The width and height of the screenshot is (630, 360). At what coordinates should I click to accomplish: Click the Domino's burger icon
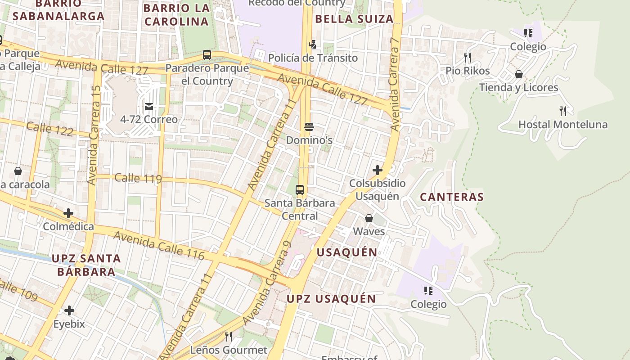[x=309, y=127]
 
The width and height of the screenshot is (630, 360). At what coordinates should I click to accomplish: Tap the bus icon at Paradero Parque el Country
[x=207, y=55]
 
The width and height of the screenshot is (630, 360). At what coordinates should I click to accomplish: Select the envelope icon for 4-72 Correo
[x=149, y=107]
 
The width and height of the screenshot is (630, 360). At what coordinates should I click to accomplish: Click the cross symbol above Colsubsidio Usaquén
[x=377, y=170]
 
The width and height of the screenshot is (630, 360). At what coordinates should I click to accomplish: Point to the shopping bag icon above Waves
[x=369, y=218]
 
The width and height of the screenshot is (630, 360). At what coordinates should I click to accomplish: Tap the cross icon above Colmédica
[x=68, y=213]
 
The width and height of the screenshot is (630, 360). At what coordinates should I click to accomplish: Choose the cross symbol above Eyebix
[x=69, y=310]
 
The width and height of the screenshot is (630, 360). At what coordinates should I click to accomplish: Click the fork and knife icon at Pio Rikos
[x=468, y=57]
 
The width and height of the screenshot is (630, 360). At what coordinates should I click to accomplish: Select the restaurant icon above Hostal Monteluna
[x=562, y=111]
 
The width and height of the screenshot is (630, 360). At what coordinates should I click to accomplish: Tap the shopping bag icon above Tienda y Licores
[x=518, y=74]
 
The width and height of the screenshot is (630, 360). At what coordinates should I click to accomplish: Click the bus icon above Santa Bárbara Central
[x=300, y=189]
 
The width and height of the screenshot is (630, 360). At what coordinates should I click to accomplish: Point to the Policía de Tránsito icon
[x=312, y=45]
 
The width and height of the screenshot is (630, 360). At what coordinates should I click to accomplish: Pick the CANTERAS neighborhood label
[x=451, y=197]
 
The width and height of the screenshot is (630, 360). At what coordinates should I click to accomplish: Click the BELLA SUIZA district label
[x=354, y=19]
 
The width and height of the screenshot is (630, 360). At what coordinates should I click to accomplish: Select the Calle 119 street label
[x=138, y=178]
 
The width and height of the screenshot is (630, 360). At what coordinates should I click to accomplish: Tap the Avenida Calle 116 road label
[x=158, y=245]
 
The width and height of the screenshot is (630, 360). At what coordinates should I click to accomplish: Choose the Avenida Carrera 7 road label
[x=395, y=84]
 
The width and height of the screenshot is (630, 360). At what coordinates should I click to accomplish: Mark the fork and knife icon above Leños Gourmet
[x=229, y=336]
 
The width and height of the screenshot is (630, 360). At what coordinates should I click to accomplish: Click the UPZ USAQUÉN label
[x=331, y=299]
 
